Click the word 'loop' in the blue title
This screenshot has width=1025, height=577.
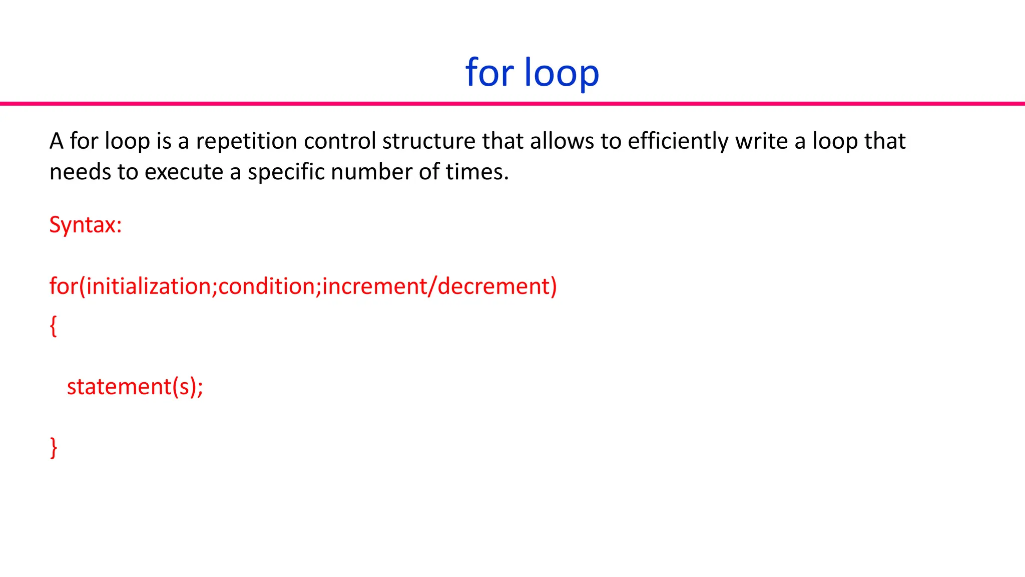(562, 73)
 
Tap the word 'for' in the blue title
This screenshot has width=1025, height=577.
(489, 73)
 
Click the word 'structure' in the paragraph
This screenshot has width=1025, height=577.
(428, 141)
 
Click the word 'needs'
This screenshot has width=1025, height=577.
(80, 172)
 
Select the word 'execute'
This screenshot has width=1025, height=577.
(184, 172)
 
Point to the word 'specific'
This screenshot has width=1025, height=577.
(286, 172)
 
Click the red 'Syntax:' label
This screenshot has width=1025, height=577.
(86, 225)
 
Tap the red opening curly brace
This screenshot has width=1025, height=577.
(54, 326)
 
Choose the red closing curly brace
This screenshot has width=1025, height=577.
(54, 447)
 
